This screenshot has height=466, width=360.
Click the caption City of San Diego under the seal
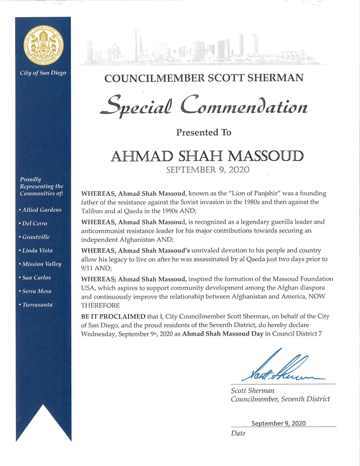tap(43, 73)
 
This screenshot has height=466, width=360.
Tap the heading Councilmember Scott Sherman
tap(204, 78)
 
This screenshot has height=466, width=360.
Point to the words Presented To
tap(204, 133)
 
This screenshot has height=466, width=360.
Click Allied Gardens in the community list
tap(40, 210)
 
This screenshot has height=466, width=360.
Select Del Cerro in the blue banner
tap(34, 223)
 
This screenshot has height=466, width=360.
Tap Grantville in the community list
tap(36, 237)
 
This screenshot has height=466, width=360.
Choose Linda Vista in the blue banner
tap(37, 250)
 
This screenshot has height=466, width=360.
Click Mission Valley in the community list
tap(41, 264)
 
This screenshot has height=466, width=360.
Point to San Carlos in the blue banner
tap(36, 278)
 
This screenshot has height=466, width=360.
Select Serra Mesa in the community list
tap(36, 291)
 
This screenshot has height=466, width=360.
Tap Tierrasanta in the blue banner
tap(37, 304)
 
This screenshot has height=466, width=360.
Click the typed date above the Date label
tap(279, 423)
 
